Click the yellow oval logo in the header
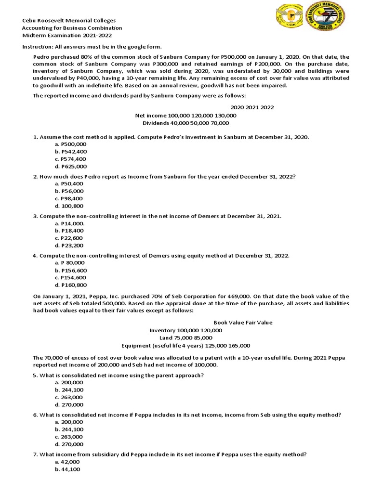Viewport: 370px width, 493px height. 289,20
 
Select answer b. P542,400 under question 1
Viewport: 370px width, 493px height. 71,152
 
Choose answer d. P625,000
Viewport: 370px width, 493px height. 71,166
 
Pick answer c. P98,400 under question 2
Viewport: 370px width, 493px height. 69,198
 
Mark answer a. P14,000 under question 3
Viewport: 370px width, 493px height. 70,223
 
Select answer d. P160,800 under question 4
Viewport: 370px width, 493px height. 71,285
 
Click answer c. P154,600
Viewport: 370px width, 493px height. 71,277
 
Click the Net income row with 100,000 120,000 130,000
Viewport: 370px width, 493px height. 185,116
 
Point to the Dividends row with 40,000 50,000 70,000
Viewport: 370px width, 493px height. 185,123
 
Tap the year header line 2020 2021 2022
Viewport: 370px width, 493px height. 252,107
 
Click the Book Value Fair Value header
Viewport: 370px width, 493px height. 243,323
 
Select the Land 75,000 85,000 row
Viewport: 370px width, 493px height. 185,338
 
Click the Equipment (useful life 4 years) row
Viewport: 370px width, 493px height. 185,345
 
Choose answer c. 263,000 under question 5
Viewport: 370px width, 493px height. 69,397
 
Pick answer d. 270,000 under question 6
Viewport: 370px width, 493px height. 69,444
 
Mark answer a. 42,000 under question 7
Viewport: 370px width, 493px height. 67,462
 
